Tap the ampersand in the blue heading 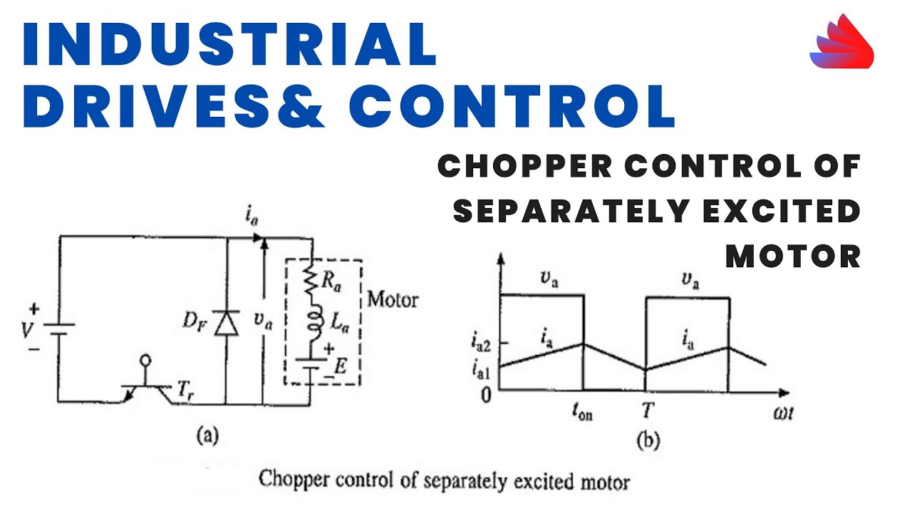click(x=301, y=107)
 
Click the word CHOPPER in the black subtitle click(x=525, y=166)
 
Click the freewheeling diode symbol click(x=227, y=323)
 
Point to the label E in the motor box click(x=340, y=367)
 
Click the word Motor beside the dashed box click(x=393, y=300)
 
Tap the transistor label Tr click(x=186, y=391)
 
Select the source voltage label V click(x=26, y=330)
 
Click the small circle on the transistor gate click(x=145, y=361)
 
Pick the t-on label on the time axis click(x=582, y=413)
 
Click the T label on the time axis click(x=648, y=411)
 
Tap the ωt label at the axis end click(x=783, y=413)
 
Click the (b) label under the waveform click(x=648, y=441)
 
